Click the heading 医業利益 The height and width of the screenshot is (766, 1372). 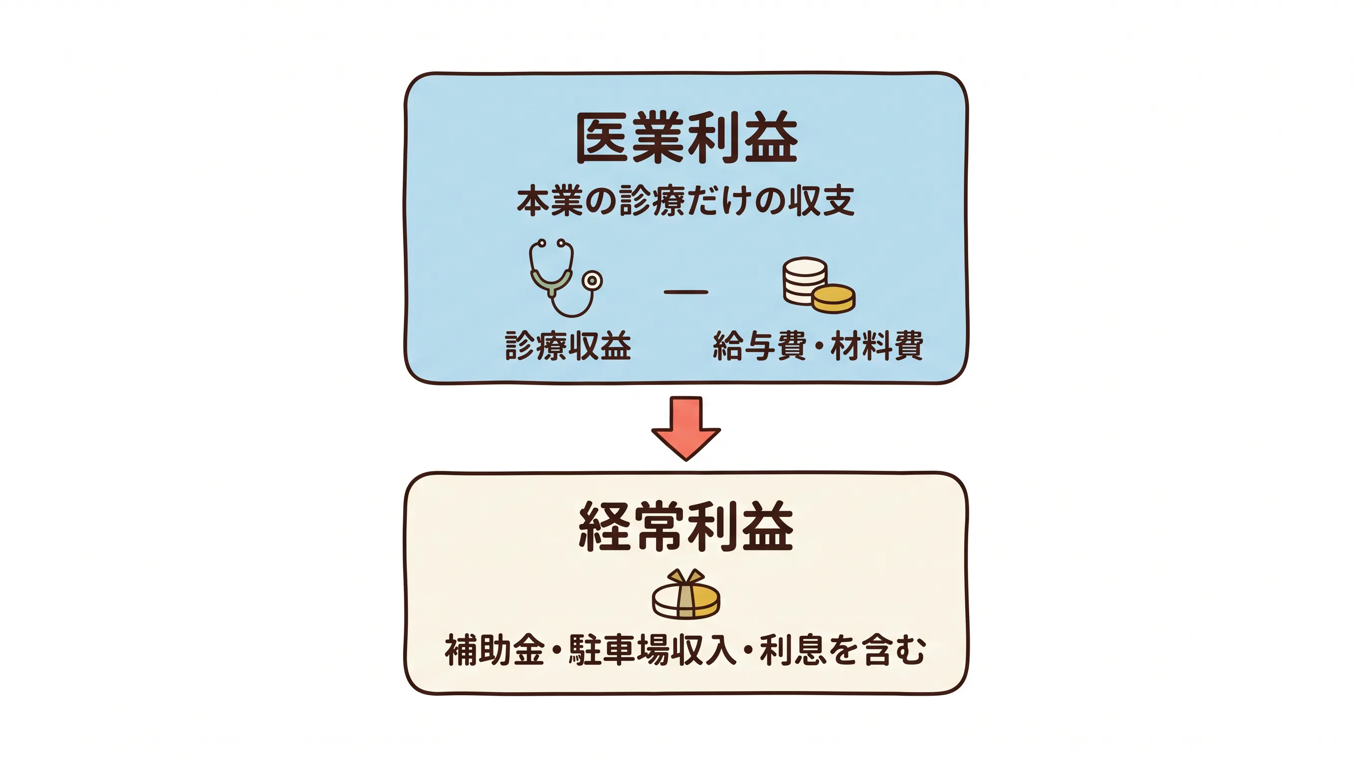[x=686, y=138]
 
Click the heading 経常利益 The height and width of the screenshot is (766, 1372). [x=686, y=526]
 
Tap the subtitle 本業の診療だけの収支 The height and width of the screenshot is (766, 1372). [x=686, y=201]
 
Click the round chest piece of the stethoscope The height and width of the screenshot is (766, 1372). [x=592, y=280]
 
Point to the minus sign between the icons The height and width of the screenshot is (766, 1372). [x=686, y=292]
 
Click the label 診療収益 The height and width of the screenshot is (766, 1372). [x=568, y=346]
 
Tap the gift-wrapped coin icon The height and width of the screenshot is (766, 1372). [x=686, y=594]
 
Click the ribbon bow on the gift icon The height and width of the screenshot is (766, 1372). [x=686, y=577]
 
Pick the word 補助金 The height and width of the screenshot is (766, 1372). [x=495, y=650]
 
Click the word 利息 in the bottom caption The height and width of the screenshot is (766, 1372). [x=793, y=650]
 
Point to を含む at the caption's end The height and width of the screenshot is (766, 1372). [x=878, y=650]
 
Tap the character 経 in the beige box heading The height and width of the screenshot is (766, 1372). [x=605, y=526]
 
